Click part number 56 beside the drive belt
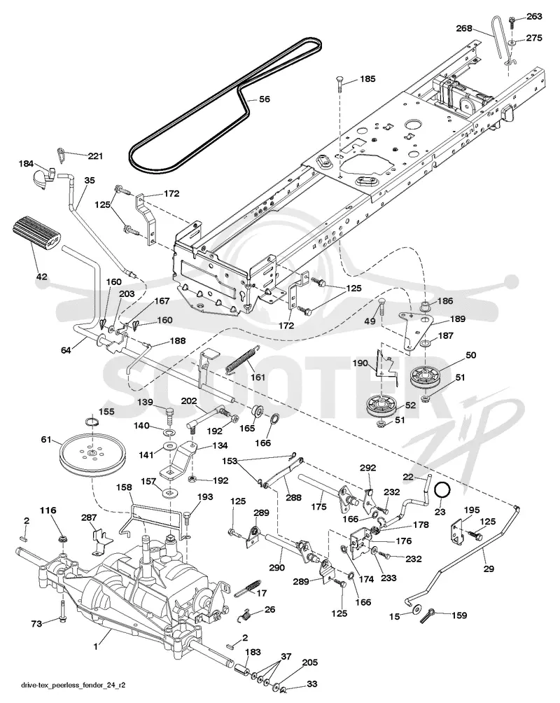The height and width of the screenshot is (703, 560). pyautogui.click(x=265, y=99)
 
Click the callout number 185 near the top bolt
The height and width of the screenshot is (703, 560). pyautogui.click(x=367, y=79)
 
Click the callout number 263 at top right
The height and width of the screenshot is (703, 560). pyautogui.click(x=534, y=16)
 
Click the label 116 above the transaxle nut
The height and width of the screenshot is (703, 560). pyautogui.click(x=48, y=510)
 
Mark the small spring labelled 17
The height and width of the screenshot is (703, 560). pyautogui.click(x=247, y=587)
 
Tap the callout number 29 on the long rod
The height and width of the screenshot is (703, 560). pyautogui.click(x=489, y=569)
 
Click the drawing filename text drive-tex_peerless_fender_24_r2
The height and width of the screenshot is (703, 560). pyautogui.click(x=72, y=685)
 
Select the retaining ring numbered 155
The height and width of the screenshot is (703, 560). pyautogui.click(x=92, y=422)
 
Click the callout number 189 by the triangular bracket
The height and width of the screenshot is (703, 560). pyautogui.click(x=457, y=319)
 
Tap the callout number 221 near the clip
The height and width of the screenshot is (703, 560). pyautogui.click(x=95, y=156)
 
